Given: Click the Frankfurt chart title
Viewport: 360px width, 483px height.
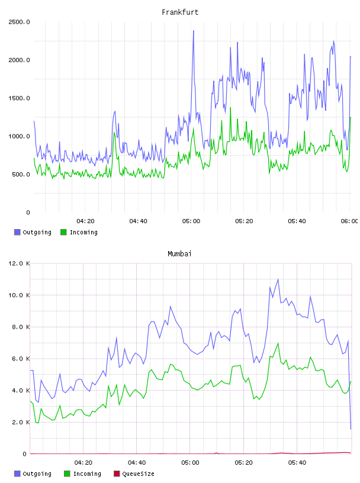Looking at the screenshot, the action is (x=180, y=12).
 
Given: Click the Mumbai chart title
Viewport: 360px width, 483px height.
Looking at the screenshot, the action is (x=179, y=254).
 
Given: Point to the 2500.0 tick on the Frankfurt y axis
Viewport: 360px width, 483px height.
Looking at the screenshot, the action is (x=19, y=22).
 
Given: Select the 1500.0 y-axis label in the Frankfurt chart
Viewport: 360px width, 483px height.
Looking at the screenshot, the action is (x=19, y=98).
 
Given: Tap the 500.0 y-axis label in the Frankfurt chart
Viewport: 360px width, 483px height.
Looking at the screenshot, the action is (x=21, y=175).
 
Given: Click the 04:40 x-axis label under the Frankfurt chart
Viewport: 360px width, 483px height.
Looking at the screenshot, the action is (x=138, y=221).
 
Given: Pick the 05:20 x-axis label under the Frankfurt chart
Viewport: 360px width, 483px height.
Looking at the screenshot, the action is (x=244, y=221).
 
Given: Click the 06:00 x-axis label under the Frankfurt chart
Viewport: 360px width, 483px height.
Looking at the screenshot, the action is (x=349, y=221).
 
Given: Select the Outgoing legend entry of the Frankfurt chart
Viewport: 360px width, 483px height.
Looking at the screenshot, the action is (x=33, y=232).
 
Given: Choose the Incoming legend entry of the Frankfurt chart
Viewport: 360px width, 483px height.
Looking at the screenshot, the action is (x=79, y=232).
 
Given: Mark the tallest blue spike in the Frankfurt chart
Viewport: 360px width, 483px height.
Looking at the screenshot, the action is (x=193, y=31).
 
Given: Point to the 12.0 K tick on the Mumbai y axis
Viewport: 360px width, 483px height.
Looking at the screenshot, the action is (x=19, y=263).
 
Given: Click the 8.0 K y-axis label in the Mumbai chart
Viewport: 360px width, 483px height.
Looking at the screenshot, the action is (x=21, y=327).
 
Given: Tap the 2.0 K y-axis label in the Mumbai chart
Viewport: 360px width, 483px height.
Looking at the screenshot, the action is (x=21, y=422).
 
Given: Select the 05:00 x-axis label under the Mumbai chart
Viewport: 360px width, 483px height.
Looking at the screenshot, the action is (x=190, y=463).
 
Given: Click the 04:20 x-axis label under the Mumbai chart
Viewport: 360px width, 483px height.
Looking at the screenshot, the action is (x=83, y=463).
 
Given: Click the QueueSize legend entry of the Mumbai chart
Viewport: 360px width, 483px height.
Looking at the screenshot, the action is (x=134, y=474).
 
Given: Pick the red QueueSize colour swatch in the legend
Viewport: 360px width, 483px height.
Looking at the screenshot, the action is (x=117, y=474).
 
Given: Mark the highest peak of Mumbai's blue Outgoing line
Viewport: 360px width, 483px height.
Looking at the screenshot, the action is (x=278, y=279).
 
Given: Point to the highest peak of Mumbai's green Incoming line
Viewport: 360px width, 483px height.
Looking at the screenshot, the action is (x=278, y=343).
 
